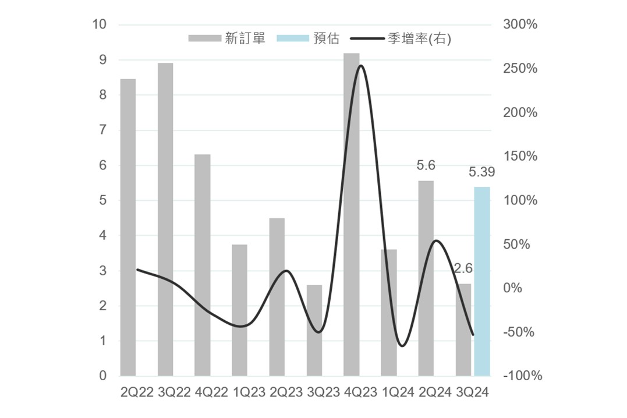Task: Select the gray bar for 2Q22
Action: click(x=128, y=227)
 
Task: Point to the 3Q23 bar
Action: click(x=314, y=330)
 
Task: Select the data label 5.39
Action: click(x=481, y=172)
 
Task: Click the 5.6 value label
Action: click(x=426, y=166)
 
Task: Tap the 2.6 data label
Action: click(x=463, y=269)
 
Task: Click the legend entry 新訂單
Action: click(x=227, y=38)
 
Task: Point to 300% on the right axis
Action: click(x=520, y=24)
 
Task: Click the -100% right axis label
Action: click(x=522, y=376)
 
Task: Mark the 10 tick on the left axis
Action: click(x=100, y=24)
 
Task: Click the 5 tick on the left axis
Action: click(x=103, y=200)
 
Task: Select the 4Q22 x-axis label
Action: click(x=203, y=393)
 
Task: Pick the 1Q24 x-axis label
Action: click(x=389, y=393)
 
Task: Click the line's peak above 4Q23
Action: click(x=360, y=65)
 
